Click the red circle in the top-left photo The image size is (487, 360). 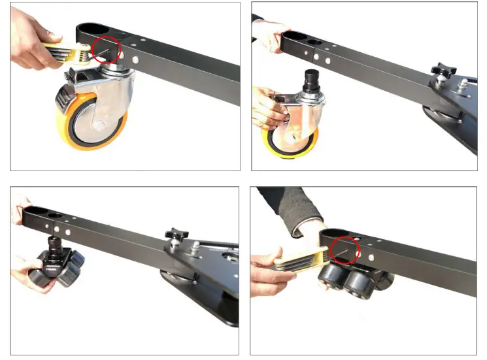(106, 49)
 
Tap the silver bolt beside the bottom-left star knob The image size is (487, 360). (195, 246)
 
